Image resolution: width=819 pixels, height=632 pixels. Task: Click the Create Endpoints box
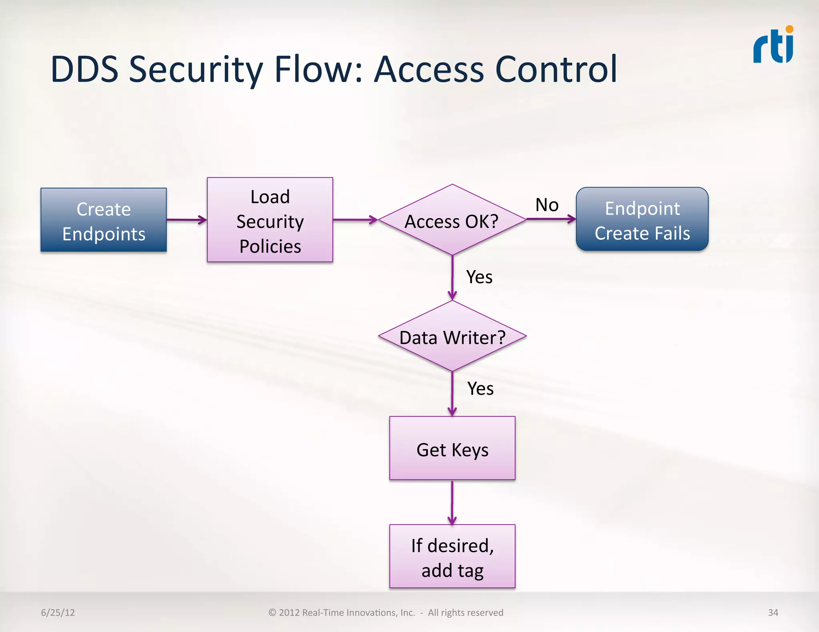tap(104, 220)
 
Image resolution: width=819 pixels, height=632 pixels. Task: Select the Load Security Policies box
tap(270, 220)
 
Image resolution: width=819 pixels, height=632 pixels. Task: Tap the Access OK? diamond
tap(452, 220)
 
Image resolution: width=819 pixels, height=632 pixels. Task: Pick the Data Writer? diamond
tap(452, 336)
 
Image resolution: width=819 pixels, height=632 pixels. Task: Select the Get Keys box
tap(452, 448)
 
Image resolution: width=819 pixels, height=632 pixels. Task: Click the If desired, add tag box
tap(452, 556)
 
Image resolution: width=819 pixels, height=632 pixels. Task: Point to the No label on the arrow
tap(547, 205)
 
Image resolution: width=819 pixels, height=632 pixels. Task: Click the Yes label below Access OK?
tap(479, 277)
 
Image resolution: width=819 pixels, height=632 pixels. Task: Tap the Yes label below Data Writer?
tap(480, 388)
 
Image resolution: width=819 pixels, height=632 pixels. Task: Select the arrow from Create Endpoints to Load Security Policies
tap(186, 220)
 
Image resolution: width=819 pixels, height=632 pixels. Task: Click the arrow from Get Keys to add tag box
tap(452, 503)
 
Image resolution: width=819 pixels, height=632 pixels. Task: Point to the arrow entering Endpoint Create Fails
tap(551, 219)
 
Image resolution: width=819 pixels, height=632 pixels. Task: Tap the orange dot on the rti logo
tap(789, 29)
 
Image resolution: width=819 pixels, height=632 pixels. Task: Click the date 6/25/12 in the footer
tap(58, 612)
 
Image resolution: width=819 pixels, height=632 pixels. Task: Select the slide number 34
tap(773, 612)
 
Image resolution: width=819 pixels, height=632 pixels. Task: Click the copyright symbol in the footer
tap(272, 612)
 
